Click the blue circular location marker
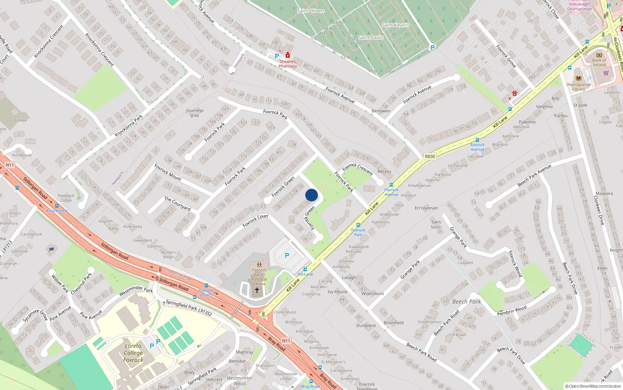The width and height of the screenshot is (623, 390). click(x=311, y=195)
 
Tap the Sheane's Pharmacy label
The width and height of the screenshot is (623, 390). click(x=288, y=64)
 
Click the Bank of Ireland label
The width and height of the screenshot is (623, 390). click(x=599, y=62)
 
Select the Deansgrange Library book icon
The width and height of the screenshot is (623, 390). click(x=578, y=78)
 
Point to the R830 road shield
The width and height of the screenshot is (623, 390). click(x=430, y=156)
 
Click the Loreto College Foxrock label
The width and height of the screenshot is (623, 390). click(x=133, y=353)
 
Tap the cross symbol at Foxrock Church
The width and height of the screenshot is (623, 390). click(x=257, y=290)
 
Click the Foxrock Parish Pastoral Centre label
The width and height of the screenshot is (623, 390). click(x=259, y=277)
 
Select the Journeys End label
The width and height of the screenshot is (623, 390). click(x=195, y=113)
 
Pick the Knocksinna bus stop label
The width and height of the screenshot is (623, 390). click(x=57, y=211)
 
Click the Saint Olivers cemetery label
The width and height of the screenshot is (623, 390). click(x=311, y=11)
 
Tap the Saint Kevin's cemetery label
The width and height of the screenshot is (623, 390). click(x=395, y=25)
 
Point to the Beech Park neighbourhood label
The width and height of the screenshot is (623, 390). click(x=466, y=301)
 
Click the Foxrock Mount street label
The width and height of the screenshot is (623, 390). click(x=168, y=172)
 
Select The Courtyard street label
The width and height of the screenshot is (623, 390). click(x=177, y=204)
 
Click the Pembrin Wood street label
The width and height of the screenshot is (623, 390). click(x=512, y=311)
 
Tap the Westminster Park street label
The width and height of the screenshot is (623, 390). click(x=136, y=290)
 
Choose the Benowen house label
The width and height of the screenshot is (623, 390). click(x=381, y=111)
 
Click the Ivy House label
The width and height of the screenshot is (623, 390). click(x=337, y=292)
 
